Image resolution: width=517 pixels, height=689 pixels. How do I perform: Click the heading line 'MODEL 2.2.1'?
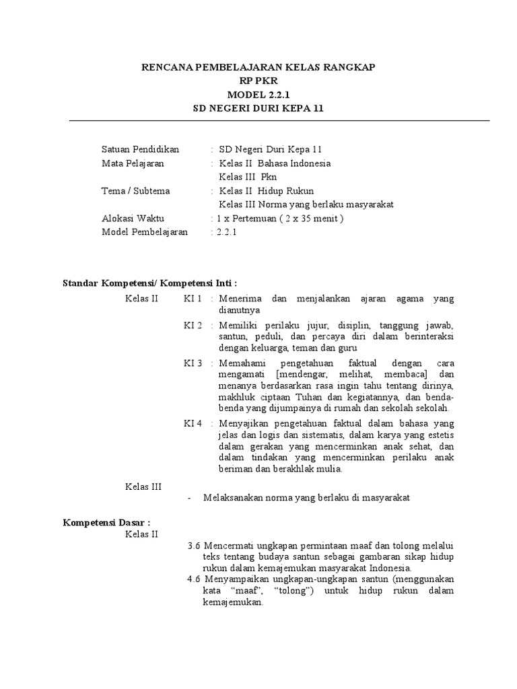[x=258, y=94]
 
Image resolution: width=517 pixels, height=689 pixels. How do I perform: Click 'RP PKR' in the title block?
[x=258, y=81]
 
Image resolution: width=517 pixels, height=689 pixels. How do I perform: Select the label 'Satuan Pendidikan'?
[x=141, y=149]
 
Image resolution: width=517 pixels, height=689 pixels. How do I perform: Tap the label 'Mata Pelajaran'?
[x=133, y=164]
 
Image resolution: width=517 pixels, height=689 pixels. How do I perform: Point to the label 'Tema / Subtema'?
[x=135, y=190]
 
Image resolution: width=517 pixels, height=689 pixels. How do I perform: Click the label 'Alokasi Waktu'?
[x=133, y=218]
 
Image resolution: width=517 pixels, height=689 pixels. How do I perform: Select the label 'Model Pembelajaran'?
[x=145, y=232]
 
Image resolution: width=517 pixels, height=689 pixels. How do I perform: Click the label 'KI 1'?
[x=193, y=298]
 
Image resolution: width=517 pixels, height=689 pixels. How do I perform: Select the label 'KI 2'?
[x=193, y=326]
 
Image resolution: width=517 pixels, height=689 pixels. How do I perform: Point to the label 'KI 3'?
[x=193, y=363]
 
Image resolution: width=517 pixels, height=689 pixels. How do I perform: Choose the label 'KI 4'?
[x=193, y=423]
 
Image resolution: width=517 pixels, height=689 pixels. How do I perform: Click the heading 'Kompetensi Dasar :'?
[x=106, y=521]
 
